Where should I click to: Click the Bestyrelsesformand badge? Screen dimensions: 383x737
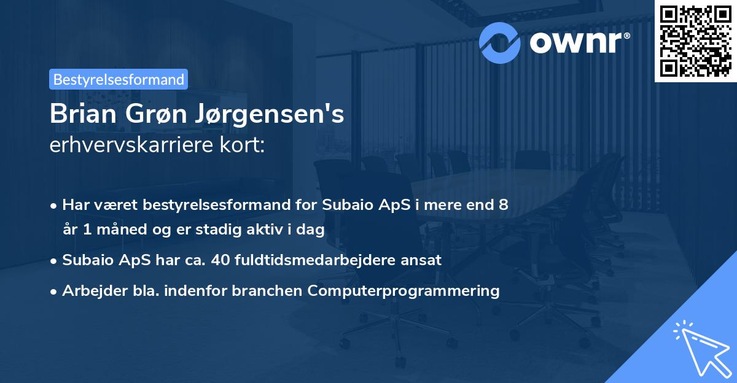tap(119, 79)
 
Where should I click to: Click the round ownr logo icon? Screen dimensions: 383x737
tap(500, 41)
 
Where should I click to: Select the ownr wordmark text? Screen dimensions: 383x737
tap(577, 41)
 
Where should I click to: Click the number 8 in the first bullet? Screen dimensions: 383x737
tap(504, 204)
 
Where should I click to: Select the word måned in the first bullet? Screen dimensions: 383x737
tap(116, 230)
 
